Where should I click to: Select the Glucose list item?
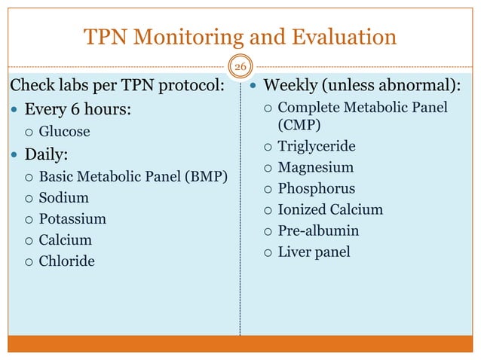coord(64,132)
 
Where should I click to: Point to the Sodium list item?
coord(63,198)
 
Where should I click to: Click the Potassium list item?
coord(72,219)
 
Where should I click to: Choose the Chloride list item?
coord(66,262)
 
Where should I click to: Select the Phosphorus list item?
coord(316,188)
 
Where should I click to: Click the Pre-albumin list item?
coord(318,230)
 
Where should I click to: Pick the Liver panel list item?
coord(314,252)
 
